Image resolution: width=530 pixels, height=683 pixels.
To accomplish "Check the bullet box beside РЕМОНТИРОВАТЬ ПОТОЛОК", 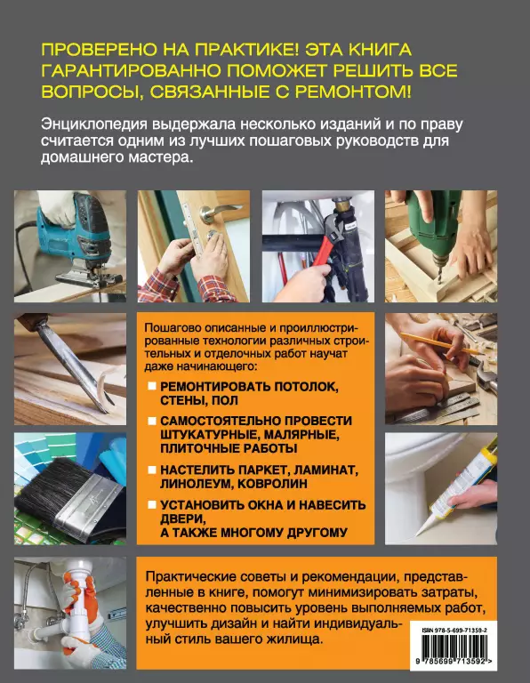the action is pyautogui.click(x=152, y=386).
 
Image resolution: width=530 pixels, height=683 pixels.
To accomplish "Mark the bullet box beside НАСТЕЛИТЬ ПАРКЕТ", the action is pyautogui.click(x=152, y=470).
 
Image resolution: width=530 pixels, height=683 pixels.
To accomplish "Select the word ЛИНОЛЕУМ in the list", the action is pyautogui.click(x=198, y=484).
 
